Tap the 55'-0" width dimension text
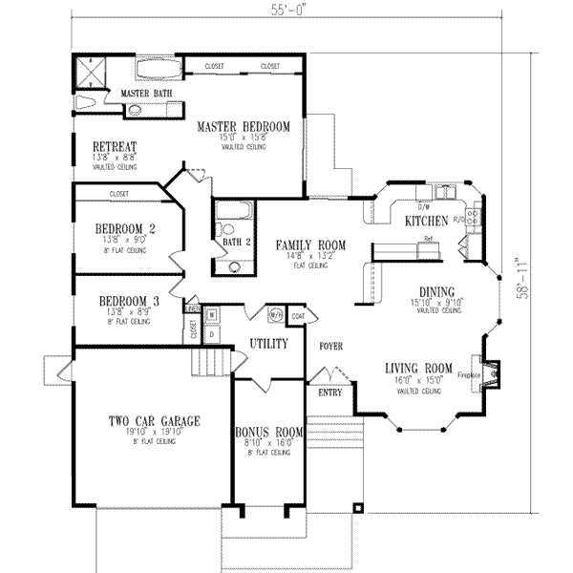pos(285,11)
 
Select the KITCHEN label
pos(426,221)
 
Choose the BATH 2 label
pos(237,243)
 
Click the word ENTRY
pos(328,392)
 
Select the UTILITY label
pos(268,342)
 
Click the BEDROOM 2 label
pos(125,228)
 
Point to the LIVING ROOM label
pos(418,369)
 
